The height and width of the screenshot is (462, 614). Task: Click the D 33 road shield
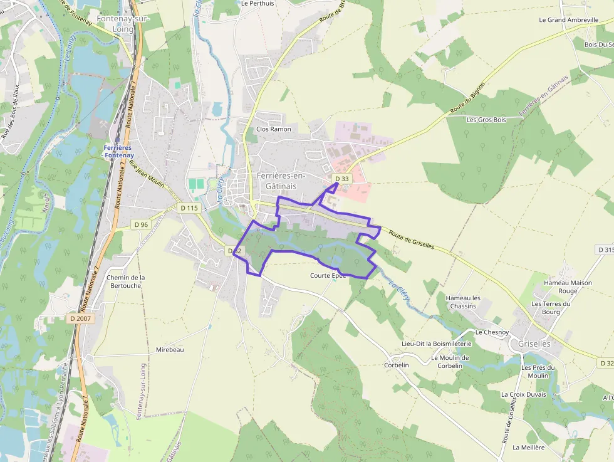[341, 179]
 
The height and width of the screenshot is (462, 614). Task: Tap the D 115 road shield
[189, 207]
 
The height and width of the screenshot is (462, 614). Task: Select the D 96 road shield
[142, 224]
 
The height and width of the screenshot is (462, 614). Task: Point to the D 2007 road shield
[80, 318]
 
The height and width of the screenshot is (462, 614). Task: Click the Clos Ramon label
[274, 129]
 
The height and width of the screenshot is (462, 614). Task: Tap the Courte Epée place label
[328, 275]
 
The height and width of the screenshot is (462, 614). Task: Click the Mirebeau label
[170, 349]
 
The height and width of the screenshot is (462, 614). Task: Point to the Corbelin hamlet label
[397, 365]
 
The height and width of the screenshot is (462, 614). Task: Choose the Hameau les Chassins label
[462, 302]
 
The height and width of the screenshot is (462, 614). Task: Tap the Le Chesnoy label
[492, 332]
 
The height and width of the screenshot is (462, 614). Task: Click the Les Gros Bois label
[486, 119]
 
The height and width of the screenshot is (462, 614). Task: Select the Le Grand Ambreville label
[569, 19]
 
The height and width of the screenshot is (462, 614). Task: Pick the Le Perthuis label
[258, 3]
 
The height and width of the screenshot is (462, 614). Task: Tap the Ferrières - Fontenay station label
[118, 151]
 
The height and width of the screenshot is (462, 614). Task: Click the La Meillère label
[528, 448]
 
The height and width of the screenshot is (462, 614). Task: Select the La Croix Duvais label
[523, 394]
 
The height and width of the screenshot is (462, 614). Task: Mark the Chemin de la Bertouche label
[126, 281]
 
